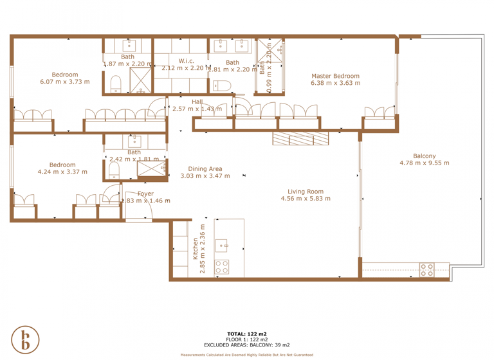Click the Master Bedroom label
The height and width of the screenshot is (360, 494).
point(334,76)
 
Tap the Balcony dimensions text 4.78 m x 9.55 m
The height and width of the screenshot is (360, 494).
point(424,163)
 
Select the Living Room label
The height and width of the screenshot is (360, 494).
point(306,192)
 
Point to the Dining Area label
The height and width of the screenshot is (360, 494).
point(205,168)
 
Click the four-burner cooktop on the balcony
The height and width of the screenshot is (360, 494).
point(426,269)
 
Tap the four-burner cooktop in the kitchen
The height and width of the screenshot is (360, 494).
point(222,267)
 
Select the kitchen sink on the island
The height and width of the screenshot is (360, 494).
point(221,245)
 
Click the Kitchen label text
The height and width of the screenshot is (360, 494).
point(195,249)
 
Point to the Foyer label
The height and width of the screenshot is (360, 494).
point(145,194)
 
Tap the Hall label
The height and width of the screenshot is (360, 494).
point(197,102)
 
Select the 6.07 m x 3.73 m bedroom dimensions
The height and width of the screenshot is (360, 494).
point(64,82)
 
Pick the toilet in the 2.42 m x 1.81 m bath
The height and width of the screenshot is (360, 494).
point(114,170)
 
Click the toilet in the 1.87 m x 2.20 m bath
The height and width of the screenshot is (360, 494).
point(116,84)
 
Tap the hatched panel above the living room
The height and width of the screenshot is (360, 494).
point(300,138)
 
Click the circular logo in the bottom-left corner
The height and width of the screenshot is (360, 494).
point(25,340)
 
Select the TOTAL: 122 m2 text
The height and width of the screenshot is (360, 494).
point(246,334)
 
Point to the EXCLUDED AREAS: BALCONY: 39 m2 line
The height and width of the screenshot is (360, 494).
point(246,345)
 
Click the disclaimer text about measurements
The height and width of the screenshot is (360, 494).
point(246,355)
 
